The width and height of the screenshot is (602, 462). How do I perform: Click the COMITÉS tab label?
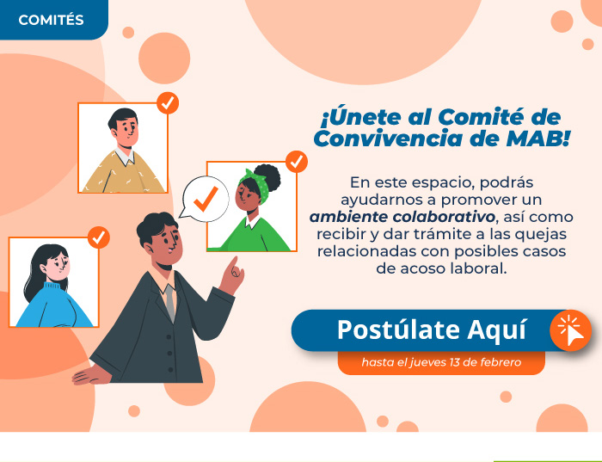click(51, 20)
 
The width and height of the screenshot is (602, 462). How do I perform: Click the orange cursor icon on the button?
click(570, 330)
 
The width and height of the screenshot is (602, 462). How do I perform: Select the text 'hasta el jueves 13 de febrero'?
click(441, 362)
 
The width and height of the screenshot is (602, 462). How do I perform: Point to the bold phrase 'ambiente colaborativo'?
click(402, 217)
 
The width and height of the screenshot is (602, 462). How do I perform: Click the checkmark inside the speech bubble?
click(206, 199)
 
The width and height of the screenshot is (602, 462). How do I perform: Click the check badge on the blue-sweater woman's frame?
click(99, 237)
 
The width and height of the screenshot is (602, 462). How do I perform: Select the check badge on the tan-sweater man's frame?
click(168, 103)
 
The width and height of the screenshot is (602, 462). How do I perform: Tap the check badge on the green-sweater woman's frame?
click(297, 162)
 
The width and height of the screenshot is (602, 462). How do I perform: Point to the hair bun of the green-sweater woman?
click(267, 177)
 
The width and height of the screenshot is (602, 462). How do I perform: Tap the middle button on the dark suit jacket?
click(169, 353)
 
